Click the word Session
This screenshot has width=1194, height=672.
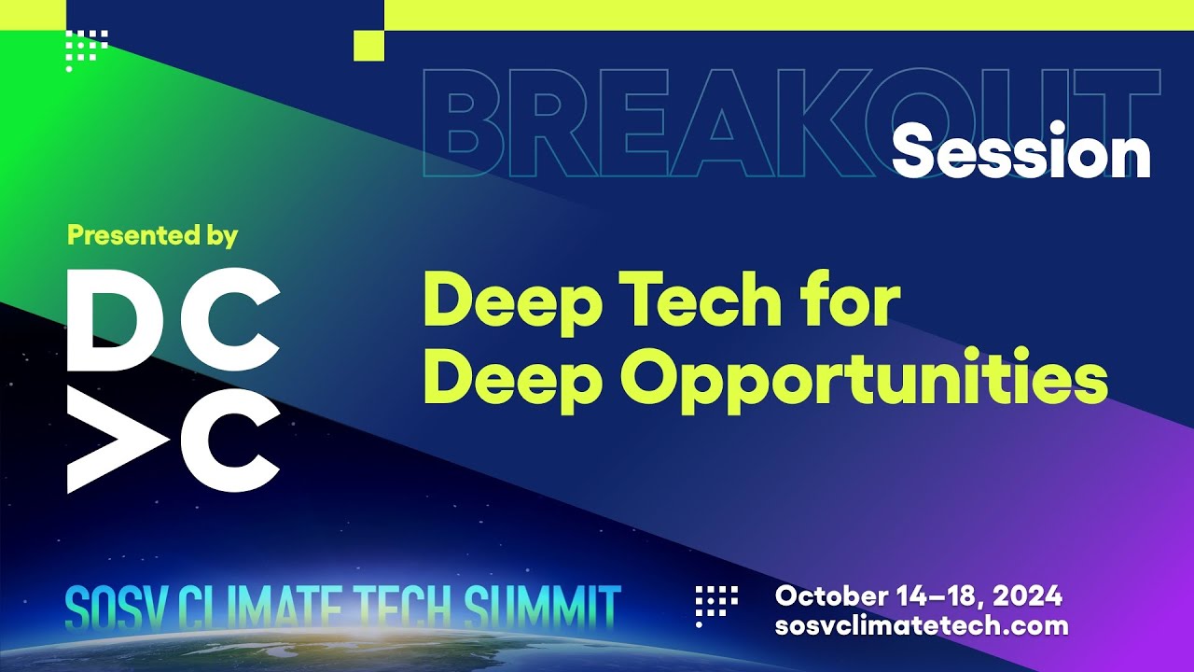(x=1021, y=150)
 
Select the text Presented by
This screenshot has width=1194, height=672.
(x=152, y=235)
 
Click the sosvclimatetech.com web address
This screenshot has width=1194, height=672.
(x=921, y=625)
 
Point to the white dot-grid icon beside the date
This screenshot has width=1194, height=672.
(x=716, y=602)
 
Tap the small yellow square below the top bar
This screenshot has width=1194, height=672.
(x=369, y=45)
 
